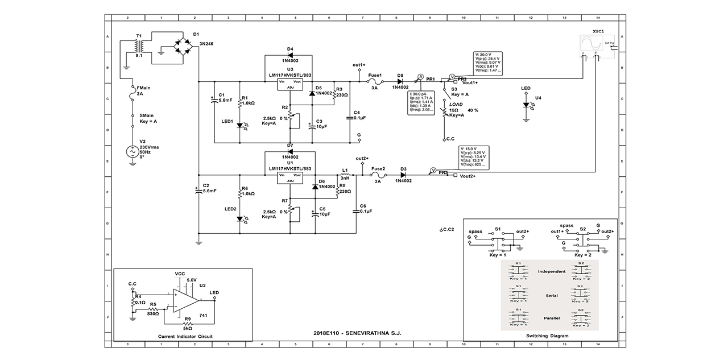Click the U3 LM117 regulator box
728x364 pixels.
(x=290, y=84)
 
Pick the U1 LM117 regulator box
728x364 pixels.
(x=290, y=178)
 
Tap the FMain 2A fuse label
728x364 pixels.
(x=144, y=92)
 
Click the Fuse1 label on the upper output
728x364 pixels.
(x=375, y=75)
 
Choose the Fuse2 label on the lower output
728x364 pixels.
(x=378, y=168)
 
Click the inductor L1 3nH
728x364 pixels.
(x=345, y=173)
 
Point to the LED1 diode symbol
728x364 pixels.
(x=240, y=125)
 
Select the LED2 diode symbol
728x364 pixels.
(x=240, y=218)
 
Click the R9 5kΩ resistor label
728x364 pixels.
(x=187, y=325)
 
